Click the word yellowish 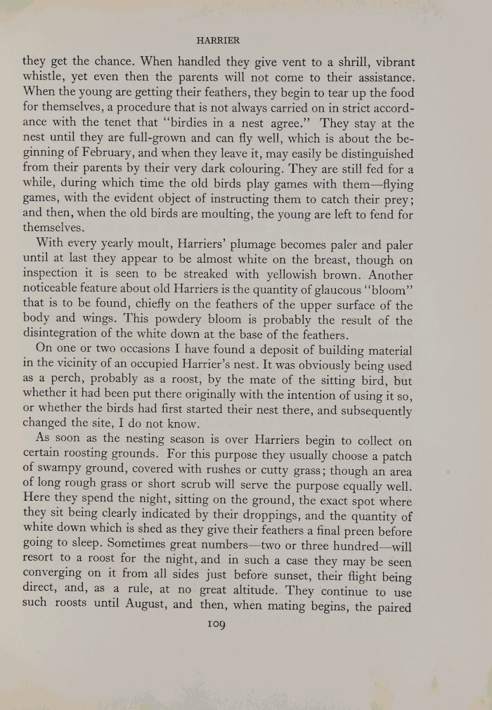coord(325,276)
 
